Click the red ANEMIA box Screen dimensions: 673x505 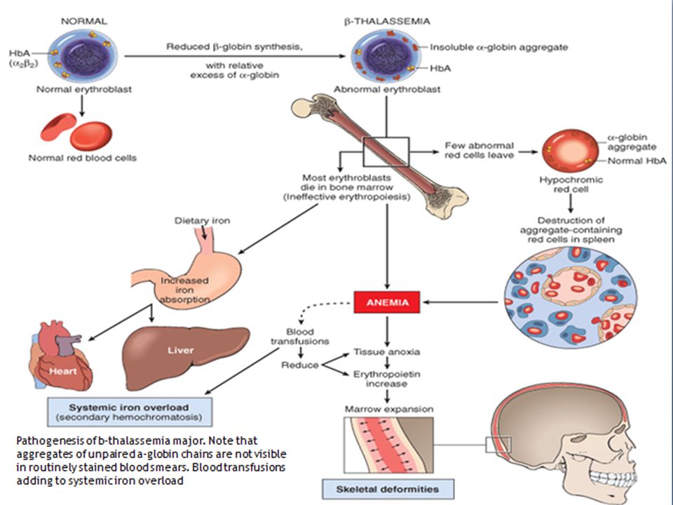click(x=387, y=302)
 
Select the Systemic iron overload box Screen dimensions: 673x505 click(x=129, y=412)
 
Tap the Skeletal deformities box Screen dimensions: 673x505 click(x=388, y=489)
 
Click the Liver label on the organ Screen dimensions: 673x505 click(x=181, y=351)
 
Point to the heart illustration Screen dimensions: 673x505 click(x=60, y=356)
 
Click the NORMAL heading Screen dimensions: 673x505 click(x=84, y=21)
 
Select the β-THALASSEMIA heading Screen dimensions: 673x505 click(x=387, y=21)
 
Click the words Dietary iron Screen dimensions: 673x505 click(x=202, y=221)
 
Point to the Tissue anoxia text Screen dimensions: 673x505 click(x=387, y=351)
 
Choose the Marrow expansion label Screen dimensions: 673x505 click(x=389, y=409)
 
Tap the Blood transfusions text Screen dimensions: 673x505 click(x=300, y=337)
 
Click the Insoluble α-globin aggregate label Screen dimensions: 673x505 click(x=499, y=47)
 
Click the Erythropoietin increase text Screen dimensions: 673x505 click(x=387, y=379)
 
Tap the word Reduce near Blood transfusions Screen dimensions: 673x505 click(x=300, y=365)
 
